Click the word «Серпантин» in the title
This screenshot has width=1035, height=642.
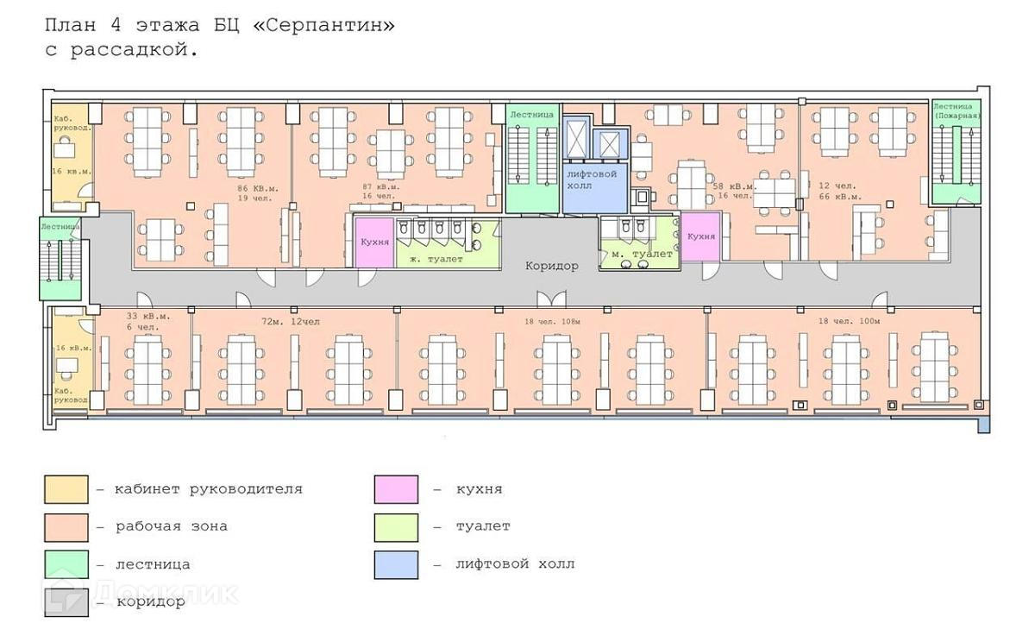[x=324, y=25]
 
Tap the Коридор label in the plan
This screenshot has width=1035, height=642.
[x=552, y=266]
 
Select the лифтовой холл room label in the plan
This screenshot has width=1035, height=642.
[x=591, y=179]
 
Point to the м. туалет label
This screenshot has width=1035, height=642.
[x=642, y=254]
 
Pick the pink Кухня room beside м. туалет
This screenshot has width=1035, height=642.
[x=701, y=236]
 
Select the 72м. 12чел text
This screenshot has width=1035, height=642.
[x=291, y=321]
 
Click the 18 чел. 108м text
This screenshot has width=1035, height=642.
[x=553, y=321]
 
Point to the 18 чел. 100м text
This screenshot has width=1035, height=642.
[x=850, y=321]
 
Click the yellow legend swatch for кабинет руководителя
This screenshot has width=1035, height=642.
[x=66, y=489]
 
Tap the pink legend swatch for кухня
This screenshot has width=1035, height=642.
[x=396, y=489]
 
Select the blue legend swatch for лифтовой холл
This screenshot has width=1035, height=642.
[x=396, y=564]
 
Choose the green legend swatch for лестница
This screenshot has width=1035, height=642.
[x=66, y=564]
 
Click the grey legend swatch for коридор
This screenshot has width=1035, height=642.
[x=66, y=601]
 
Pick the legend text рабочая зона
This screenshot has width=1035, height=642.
[x=172, y=526]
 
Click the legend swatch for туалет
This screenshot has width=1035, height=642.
[x=396, y=526]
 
